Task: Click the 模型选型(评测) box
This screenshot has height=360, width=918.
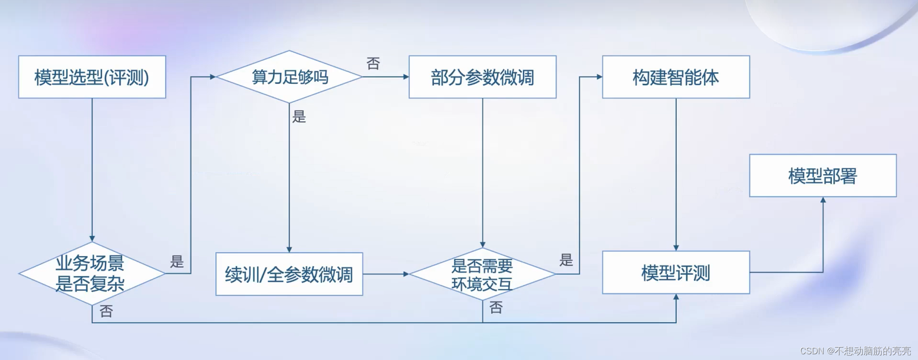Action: [x=92, y=77]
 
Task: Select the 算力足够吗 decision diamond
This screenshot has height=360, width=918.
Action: [x=289, y=77]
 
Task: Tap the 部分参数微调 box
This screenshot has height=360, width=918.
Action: [x=482, y=77]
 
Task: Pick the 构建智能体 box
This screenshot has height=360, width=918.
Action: [x=676, y=77]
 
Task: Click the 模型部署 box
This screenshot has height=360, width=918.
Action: [x=822, y=176]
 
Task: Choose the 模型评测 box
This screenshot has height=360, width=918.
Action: [x=676, y=272]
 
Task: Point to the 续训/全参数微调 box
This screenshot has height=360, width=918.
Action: [x=289, y=274]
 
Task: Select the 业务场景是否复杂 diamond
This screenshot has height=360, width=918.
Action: [x=91, y=274]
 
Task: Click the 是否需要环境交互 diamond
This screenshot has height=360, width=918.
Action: [x=482, y=274]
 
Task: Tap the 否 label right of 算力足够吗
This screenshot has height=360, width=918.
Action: [x=373, y=63]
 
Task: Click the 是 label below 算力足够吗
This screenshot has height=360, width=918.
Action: [x=299, y=116]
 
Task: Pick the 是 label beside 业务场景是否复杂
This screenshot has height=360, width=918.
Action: [x=177, y=261]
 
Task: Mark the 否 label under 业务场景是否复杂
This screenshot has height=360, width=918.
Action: [x=106, y=311]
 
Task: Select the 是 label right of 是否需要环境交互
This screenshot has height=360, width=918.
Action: [x=566, y=260]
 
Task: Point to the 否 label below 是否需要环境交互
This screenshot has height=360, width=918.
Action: [x=496, y=307]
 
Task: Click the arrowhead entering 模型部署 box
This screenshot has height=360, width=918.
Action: [x=823, y=201]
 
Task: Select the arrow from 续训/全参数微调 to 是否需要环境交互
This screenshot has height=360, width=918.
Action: [x=385, y=274]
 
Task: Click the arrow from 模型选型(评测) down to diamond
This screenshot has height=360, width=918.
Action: [x=92, y=168]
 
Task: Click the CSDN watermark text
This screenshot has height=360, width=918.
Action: [x=855, y=351]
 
